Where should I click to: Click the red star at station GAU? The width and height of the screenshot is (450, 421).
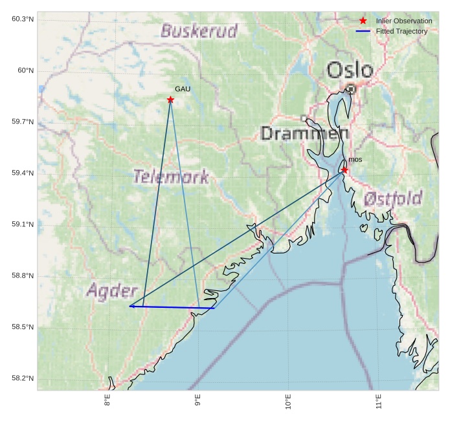(170, 100)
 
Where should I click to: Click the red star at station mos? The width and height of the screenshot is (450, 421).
(344, 170)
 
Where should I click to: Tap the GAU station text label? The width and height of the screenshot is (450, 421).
(183, 89)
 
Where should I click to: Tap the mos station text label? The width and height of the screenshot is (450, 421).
(355, 159)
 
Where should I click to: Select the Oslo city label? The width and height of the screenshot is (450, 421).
(350, 70)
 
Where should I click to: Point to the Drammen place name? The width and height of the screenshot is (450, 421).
(304, 134)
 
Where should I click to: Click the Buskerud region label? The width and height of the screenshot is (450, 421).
(199, 30)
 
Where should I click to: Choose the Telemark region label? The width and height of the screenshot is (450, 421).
(171, 176)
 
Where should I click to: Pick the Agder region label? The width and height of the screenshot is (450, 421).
(112, 290)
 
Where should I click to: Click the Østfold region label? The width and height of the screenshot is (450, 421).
(393, 198)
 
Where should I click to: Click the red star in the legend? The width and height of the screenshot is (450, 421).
(363, 21)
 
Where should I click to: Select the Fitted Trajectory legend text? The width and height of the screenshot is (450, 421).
(401, 31)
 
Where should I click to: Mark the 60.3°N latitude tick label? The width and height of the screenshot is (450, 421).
(23, 19)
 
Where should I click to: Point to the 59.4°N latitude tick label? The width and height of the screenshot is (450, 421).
(23, 173)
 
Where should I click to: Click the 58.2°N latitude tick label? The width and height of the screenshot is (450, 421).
(23, 378)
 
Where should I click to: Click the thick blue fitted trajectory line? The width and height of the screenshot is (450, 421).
(172, 307)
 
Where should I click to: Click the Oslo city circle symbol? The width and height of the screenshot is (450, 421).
(351, 88)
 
